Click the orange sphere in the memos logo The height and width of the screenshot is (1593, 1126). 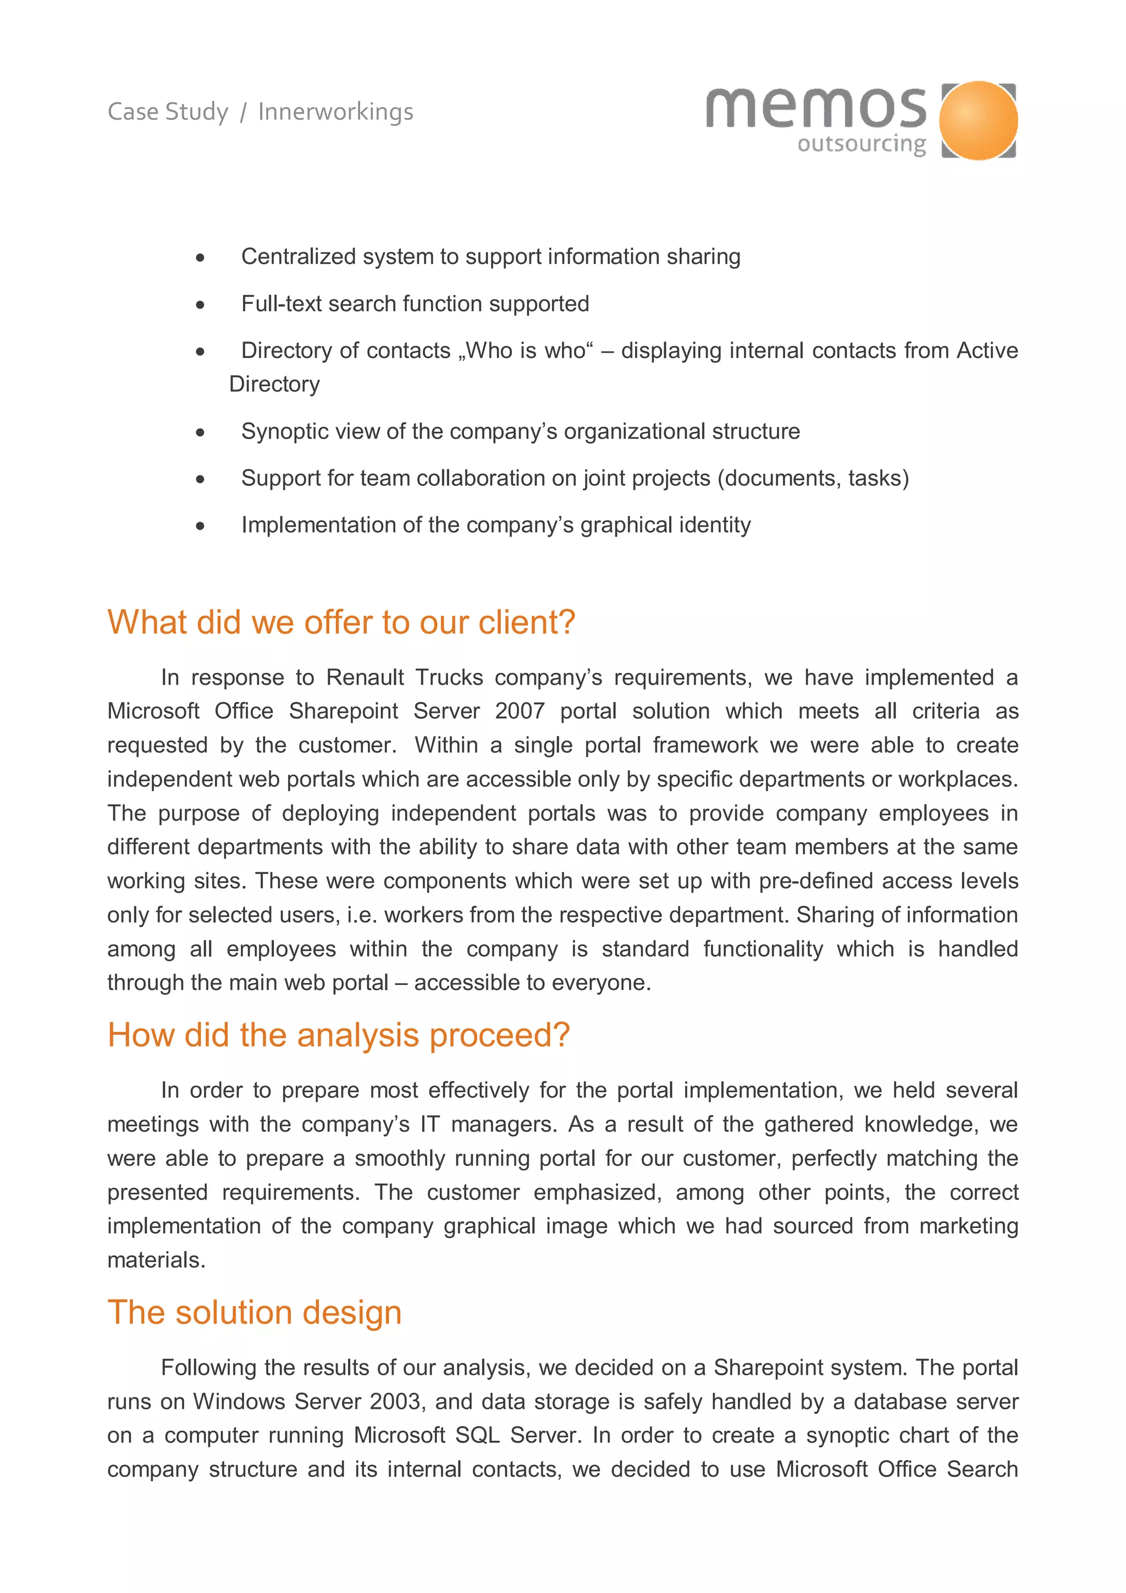[978, 120]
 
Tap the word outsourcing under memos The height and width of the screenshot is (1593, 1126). [862, 145]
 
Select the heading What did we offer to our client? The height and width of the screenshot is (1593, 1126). [341, 622]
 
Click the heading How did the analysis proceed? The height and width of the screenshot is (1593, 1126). [339, 1035]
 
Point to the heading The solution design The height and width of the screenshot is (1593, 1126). [255, 1313]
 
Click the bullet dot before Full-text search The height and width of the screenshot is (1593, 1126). [201, 305]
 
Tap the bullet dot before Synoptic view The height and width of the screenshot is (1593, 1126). [201, 432]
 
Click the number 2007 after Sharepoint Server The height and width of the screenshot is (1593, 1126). [520, 711]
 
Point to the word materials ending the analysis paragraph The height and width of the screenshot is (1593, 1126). [156, 1260]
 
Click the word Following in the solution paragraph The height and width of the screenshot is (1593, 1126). [209, 1368]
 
